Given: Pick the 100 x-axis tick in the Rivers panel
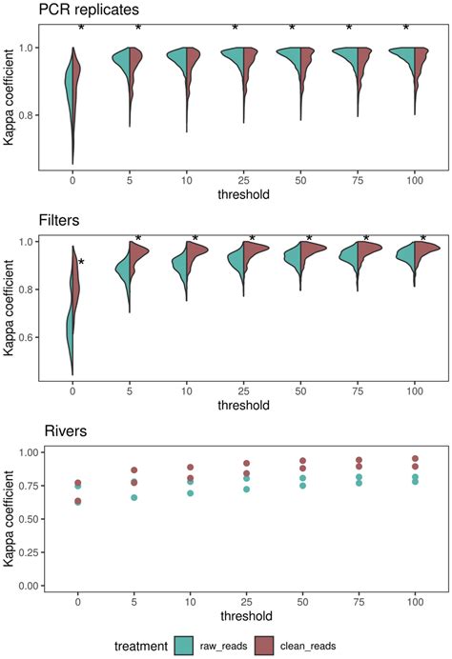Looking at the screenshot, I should pos(415,602).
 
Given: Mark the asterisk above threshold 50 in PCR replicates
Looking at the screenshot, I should pos(292,29).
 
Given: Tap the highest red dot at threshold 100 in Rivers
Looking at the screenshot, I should pos(415,459).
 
